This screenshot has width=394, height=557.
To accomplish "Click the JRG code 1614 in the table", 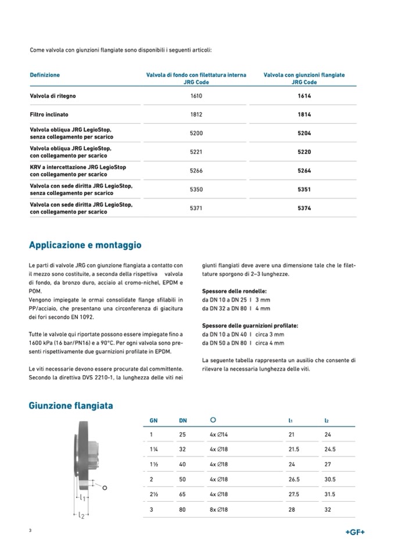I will coord(304,95).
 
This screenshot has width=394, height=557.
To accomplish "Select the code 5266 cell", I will coord(196,171).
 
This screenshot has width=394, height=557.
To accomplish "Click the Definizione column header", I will coord(45,75).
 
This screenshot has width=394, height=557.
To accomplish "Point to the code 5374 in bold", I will coord(304,208).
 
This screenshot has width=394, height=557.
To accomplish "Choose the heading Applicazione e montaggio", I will coord(85,245).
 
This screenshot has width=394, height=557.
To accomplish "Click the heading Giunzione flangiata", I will coord(71,405).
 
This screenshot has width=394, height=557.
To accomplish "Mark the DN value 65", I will coord(182,494).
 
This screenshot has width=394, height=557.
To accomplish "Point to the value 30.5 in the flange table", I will coord(329,479).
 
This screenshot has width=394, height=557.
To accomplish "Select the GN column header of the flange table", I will coord(153,420).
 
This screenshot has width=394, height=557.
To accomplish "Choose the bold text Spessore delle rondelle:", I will coord(234,290).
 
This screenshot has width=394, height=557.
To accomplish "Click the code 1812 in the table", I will coord(196,114).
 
